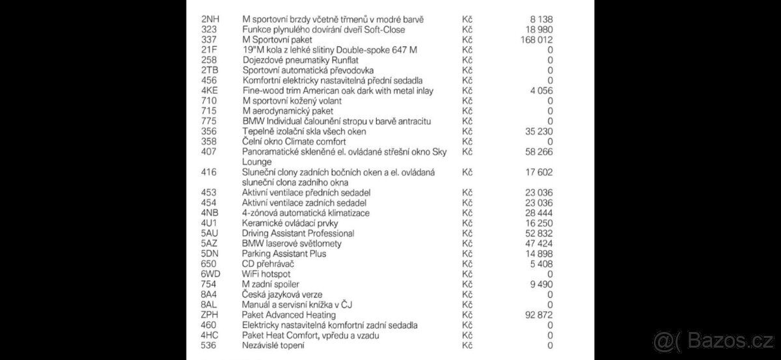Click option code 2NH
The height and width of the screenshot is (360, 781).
tap(210, 20)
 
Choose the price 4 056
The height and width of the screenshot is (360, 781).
tap(542, 90)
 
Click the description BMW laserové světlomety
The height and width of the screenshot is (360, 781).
tap(292, 243)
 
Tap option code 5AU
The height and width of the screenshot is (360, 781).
tap(210, 233)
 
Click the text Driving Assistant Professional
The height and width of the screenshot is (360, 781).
tap(298, 233)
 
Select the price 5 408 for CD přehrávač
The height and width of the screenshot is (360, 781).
tap(542, 264)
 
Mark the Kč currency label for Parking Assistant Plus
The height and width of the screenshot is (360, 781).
tap(466, 253)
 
